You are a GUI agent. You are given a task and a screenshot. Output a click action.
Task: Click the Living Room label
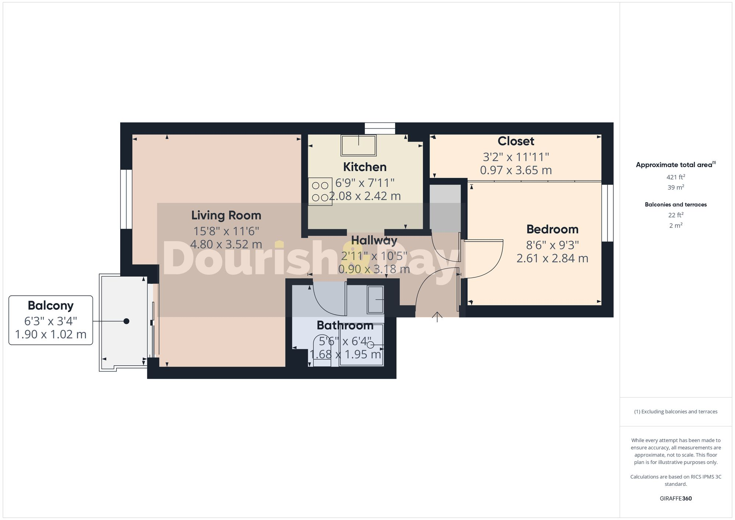[226, 215]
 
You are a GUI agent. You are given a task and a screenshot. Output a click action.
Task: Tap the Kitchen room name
[365, 167]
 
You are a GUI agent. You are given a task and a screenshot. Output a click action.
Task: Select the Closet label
[516, 141]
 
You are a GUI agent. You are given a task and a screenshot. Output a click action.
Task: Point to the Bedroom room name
[552, 229]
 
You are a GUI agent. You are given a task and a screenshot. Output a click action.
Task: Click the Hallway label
[374, 241]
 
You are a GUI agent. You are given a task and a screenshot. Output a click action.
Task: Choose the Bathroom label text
[345, 326]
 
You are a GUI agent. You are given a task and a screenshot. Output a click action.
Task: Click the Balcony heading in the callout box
[51, 306]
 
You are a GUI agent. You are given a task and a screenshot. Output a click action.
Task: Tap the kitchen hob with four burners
[320, 191]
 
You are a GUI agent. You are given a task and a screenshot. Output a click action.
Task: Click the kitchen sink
[358, 145]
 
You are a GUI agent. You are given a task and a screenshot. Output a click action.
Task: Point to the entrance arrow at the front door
[437, 316]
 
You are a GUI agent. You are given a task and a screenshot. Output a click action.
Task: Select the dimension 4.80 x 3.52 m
[226, 244]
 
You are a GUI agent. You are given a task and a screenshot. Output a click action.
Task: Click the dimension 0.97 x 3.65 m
[516, 170]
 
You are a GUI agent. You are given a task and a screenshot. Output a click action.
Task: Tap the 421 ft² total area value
[675, 177]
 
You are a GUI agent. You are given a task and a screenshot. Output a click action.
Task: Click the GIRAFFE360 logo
[675, 499]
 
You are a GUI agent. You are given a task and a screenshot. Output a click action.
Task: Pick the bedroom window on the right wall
[607, 213]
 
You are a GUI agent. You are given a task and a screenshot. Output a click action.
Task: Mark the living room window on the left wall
[126, 199]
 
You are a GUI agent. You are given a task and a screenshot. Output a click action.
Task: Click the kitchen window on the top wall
[380, 128]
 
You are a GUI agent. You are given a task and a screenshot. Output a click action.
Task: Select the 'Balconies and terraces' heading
[675, 205]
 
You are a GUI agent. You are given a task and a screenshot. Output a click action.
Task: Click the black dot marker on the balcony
[126, 321]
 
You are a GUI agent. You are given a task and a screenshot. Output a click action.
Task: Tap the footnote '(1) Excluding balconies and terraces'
[675, 412]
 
